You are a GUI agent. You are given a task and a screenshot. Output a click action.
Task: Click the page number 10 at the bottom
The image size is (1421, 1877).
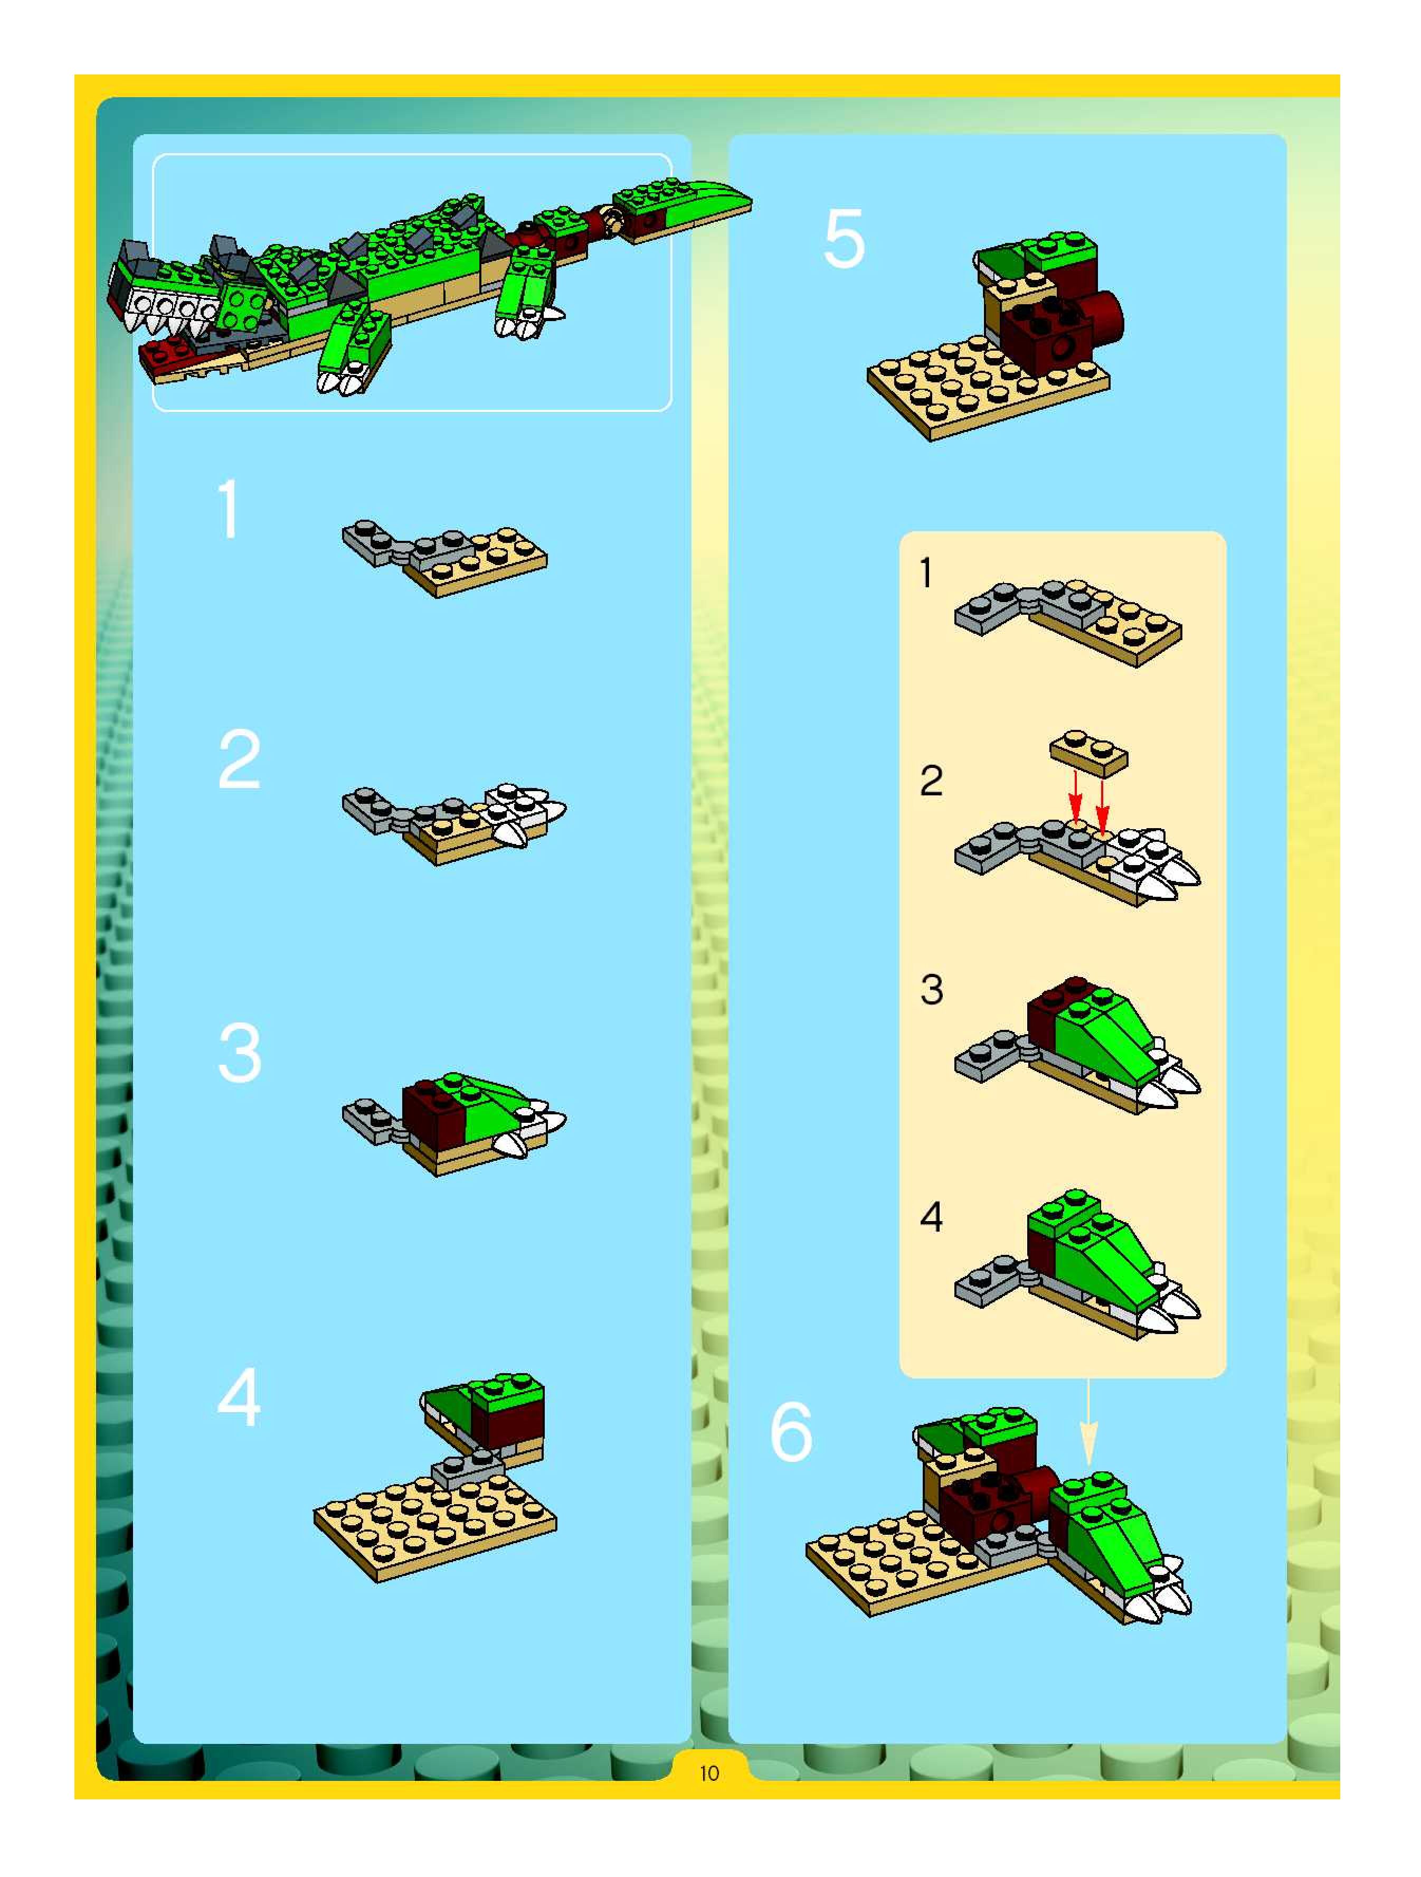(709, 1773)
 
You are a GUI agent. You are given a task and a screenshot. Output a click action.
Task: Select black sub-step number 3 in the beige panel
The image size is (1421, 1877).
(932, 989)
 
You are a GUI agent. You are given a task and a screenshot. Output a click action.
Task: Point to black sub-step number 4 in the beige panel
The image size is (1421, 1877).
(932, 1217)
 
